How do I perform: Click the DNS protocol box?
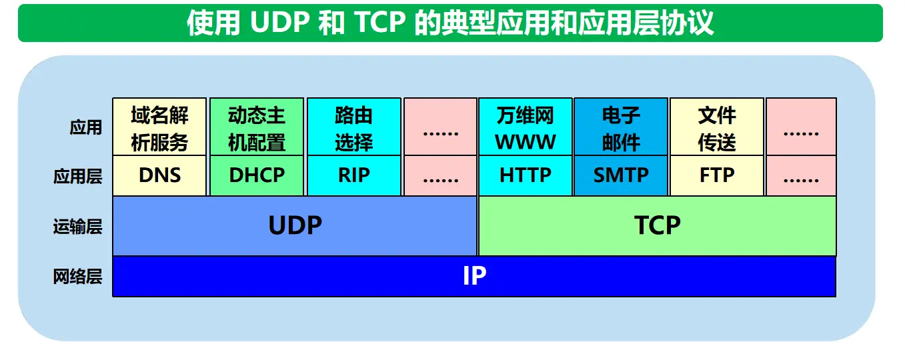point(160,176)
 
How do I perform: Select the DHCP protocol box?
point(257,176)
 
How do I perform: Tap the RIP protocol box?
point(354,176)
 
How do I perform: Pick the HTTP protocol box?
point(526,176)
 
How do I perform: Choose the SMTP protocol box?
point(621,176)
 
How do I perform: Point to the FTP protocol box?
point(717,176)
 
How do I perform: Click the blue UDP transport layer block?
point(295,226)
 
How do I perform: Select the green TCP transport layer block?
point(658,226)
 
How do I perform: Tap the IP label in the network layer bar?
point(474,276)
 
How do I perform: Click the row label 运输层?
point(78,227)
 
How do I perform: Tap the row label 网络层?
point(78,277)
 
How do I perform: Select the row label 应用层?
point(78,177)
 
